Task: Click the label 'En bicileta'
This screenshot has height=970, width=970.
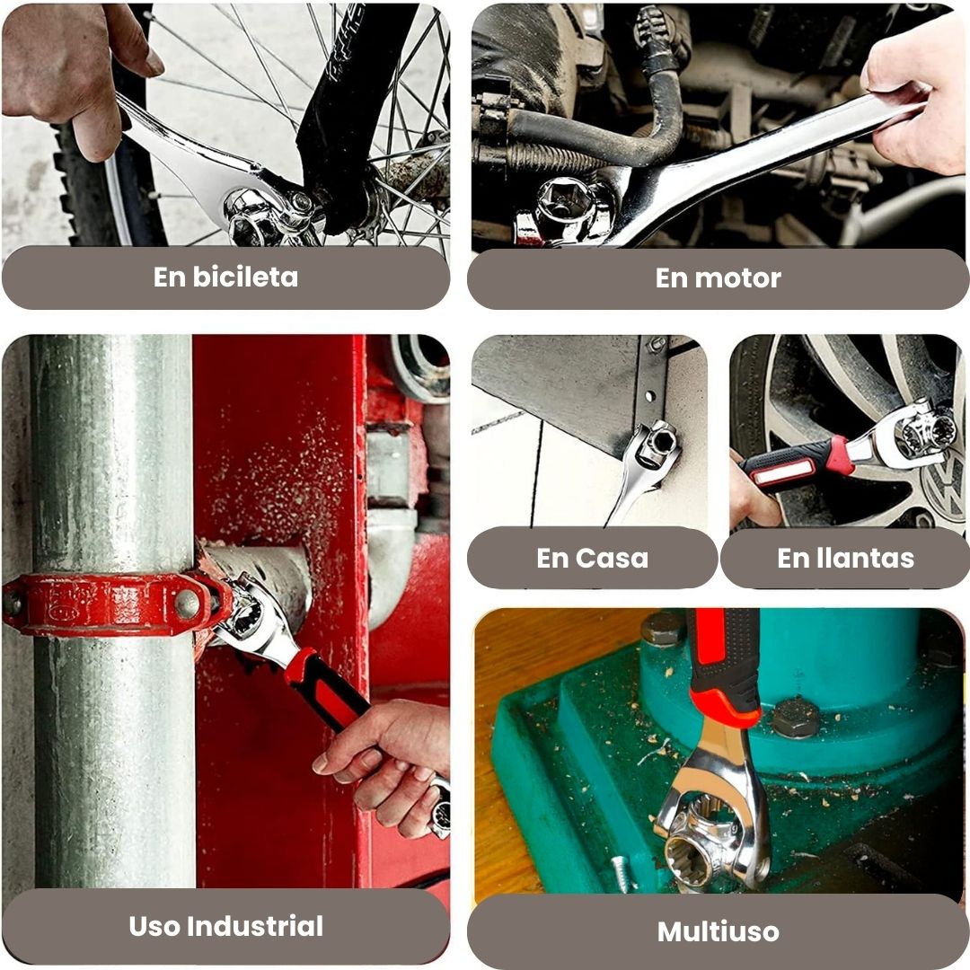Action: [x=225, y=278]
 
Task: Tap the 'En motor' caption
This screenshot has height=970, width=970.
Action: [x=719, y=278]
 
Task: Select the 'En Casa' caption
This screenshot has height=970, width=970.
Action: [x=593, y=558]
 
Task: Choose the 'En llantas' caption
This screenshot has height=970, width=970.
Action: [x=846, y=558]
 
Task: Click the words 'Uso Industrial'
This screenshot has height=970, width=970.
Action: [x=225, y=926]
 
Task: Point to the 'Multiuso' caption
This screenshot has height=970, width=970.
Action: [x=719, y=931]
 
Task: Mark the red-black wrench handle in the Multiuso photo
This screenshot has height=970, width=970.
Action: [x=725, y=668]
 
